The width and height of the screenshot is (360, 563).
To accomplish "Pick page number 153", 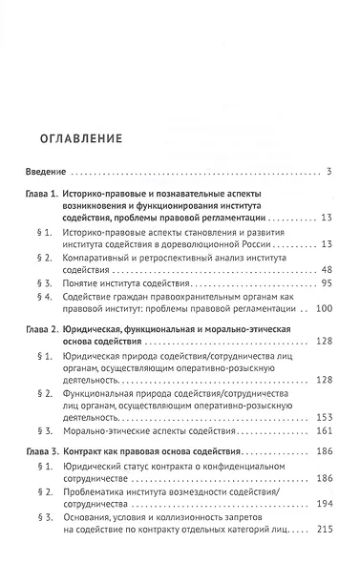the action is [322, 418].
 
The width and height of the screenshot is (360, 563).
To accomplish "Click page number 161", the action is [322, 431].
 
